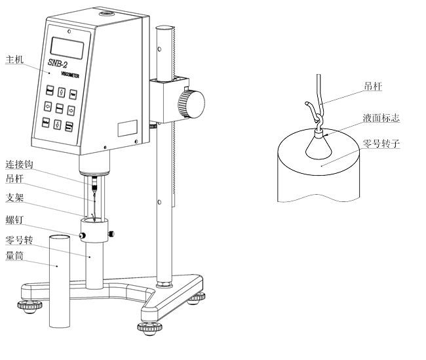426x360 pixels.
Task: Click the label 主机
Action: (14, 60)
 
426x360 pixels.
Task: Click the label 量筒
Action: (14, 256)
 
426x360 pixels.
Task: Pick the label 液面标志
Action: (381, 119)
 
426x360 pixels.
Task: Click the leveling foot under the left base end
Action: (29, 306)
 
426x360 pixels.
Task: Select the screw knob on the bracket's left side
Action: (83, 235)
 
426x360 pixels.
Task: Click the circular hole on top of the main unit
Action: (106, 12)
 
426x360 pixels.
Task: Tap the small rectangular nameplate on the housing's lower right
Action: (128, 127)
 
